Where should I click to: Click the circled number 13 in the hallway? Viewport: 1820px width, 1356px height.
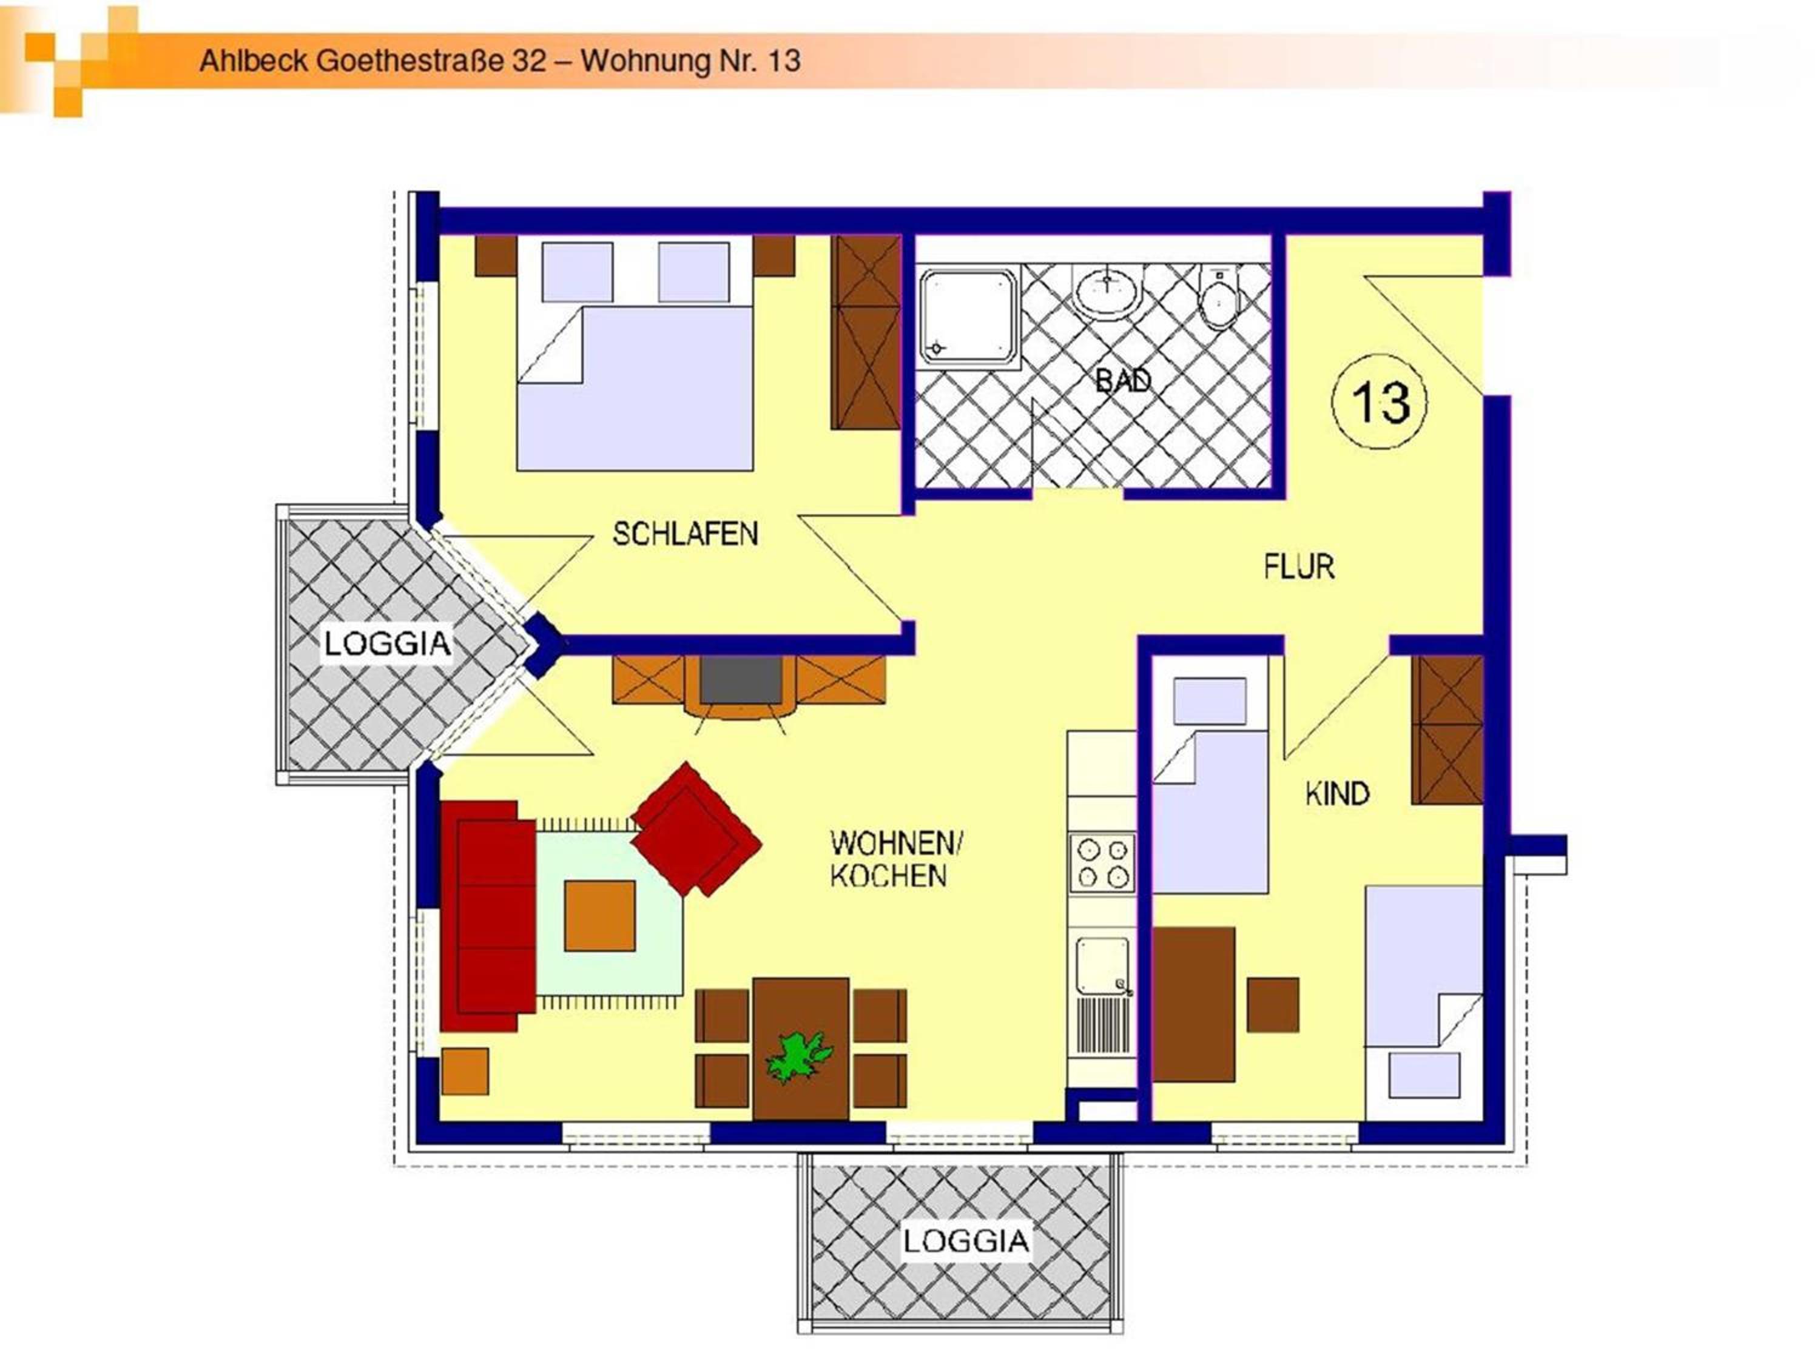(x=1379, y=402)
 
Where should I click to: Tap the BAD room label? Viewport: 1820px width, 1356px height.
(x=1123, y=380)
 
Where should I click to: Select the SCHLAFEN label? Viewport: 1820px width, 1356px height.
(x=686, y=534)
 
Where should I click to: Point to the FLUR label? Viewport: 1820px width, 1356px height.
(x=1299, y=567)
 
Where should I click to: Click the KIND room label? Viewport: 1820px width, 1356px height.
(x=1337, y=794)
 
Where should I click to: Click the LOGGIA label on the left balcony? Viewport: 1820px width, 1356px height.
(x=388, y=643)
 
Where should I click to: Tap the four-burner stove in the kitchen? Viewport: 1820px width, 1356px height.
(x=1102, y=864)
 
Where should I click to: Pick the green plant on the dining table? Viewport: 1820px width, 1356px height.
(x=798, y=1057)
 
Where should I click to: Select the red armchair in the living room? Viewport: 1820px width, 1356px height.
(x=696, y=829)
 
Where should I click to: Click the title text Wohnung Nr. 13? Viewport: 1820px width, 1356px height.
(x=690, y=61)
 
